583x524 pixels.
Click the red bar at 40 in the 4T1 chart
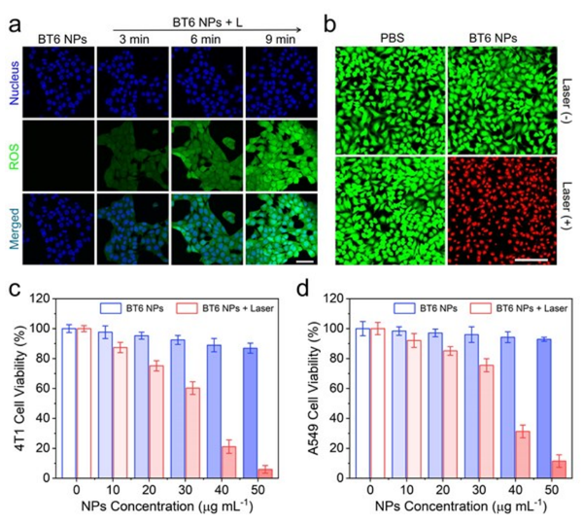tap(231, 462)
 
